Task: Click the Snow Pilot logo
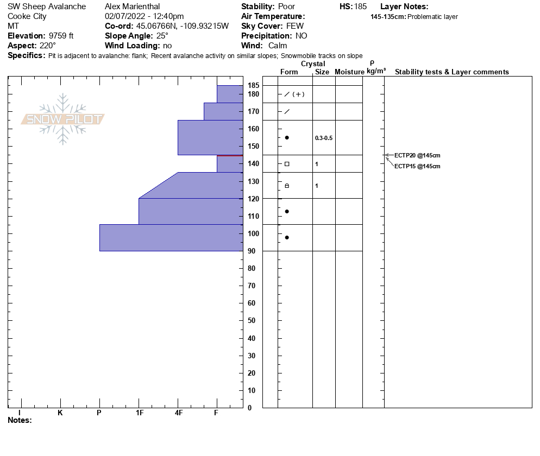click(62, 119)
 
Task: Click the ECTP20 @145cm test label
click(417, 155)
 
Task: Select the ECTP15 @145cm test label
click(417, 166)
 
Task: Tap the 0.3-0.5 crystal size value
click(323, 138)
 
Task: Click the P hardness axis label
click(99, 413)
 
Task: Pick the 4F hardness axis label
click(178, 413)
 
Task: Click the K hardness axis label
click(60, 413)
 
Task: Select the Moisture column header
click(349, 72)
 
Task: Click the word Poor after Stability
click(286, 7)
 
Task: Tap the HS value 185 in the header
click(360, 7)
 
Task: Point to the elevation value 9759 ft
click(61, 36)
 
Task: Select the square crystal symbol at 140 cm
click(287, 164)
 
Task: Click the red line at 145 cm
click(229, 155)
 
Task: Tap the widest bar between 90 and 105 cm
click(171, 238)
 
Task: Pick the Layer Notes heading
click(404, 7)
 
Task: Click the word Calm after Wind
click(278, 46)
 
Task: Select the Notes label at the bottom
click(20, 420)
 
